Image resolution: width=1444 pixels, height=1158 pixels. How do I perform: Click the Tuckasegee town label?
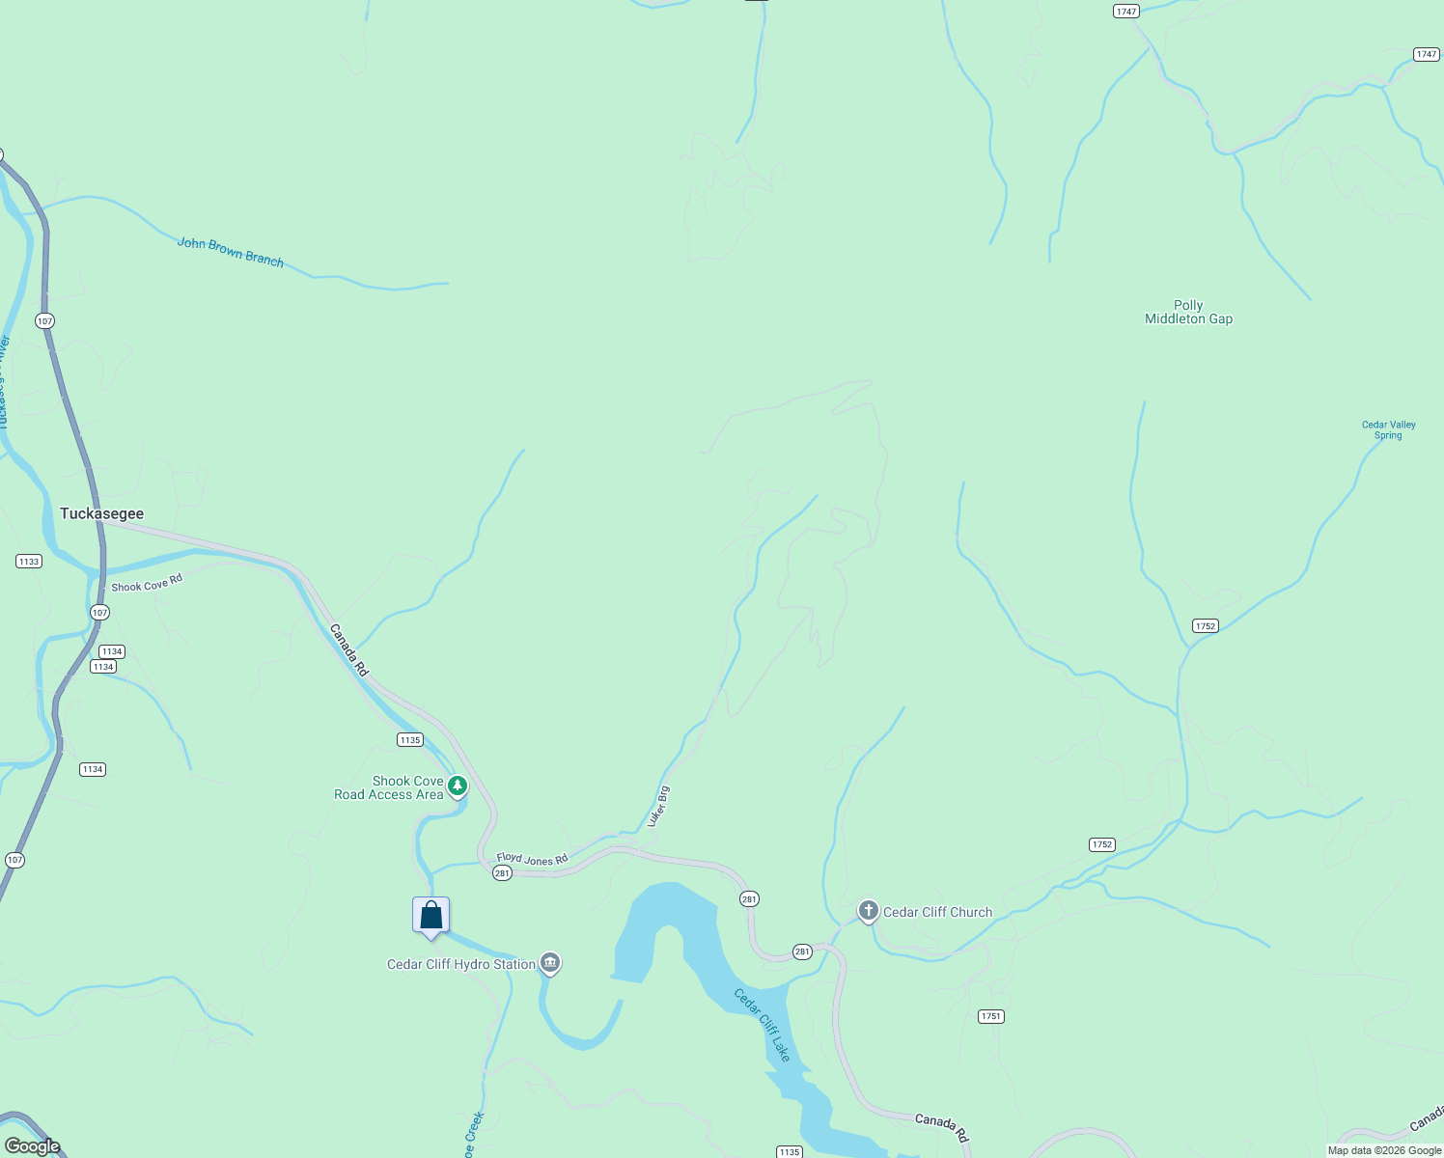click(101, 513)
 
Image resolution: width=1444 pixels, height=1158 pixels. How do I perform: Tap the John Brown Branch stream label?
click(231, 252)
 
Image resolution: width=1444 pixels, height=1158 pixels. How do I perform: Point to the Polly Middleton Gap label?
click(1188, 312)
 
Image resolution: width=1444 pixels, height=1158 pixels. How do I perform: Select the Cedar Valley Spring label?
click(1388, 429)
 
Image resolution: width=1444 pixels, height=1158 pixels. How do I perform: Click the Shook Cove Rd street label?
click(147, 585)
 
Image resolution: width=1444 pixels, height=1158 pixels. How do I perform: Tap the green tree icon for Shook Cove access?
click(458, 786)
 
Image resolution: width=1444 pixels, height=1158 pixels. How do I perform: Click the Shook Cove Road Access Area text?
click(389, 787)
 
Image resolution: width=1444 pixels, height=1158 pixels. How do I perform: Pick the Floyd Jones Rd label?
click(532, 859)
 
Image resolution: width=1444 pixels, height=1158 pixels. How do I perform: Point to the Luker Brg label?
click(658, 807)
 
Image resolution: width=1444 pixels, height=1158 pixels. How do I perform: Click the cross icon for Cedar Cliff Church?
click(868, 911)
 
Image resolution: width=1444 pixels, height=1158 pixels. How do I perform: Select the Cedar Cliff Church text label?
click(937, 912)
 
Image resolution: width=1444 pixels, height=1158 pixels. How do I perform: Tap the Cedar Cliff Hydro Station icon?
click(550, 963)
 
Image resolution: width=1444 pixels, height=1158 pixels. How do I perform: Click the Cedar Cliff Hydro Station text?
click(460, 964)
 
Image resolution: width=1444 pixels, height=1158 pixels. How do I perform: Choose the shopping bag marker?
click(430, 916)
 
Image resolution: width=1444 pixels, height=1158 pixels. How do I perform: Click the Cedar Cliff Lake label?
click(762, 1025)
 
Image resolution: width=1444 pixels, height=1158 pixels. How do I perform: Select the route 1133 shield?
click(29, 561)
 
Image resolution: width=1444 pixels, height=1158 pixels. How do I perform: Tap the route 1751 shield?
click(990, 1016)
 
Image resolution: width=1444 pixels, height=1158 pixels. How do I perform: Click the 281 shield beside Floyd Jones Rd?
click(501, 873)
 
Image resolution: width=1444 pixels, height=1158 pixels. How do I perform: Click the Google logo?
click(32, 1146)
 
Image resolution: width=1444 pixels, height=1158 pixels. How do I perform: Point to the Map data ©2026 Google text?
click(1384, 1150)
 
